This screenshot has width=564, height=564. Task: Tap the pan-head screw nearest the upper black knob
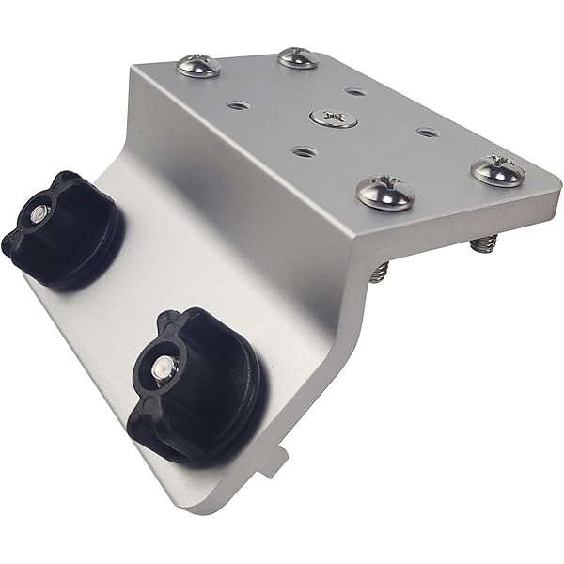[199, 66]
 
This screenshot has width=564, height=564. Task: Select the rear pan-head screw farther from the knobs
[298, 57]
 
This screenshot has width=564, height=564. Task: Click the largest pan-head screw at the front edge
[386, 191]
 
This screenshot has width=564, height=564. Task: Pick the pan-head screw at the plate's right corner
[496, 169]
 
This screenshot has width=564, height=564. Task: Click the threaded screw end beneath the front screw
[379, 272]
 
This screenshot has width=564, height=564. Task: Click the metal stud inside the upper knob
[36, 215]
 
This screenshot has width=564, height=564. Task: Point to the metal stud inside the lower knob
[162, 365]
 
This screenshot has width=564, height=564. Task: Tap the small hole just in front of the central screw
[301, 150]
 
